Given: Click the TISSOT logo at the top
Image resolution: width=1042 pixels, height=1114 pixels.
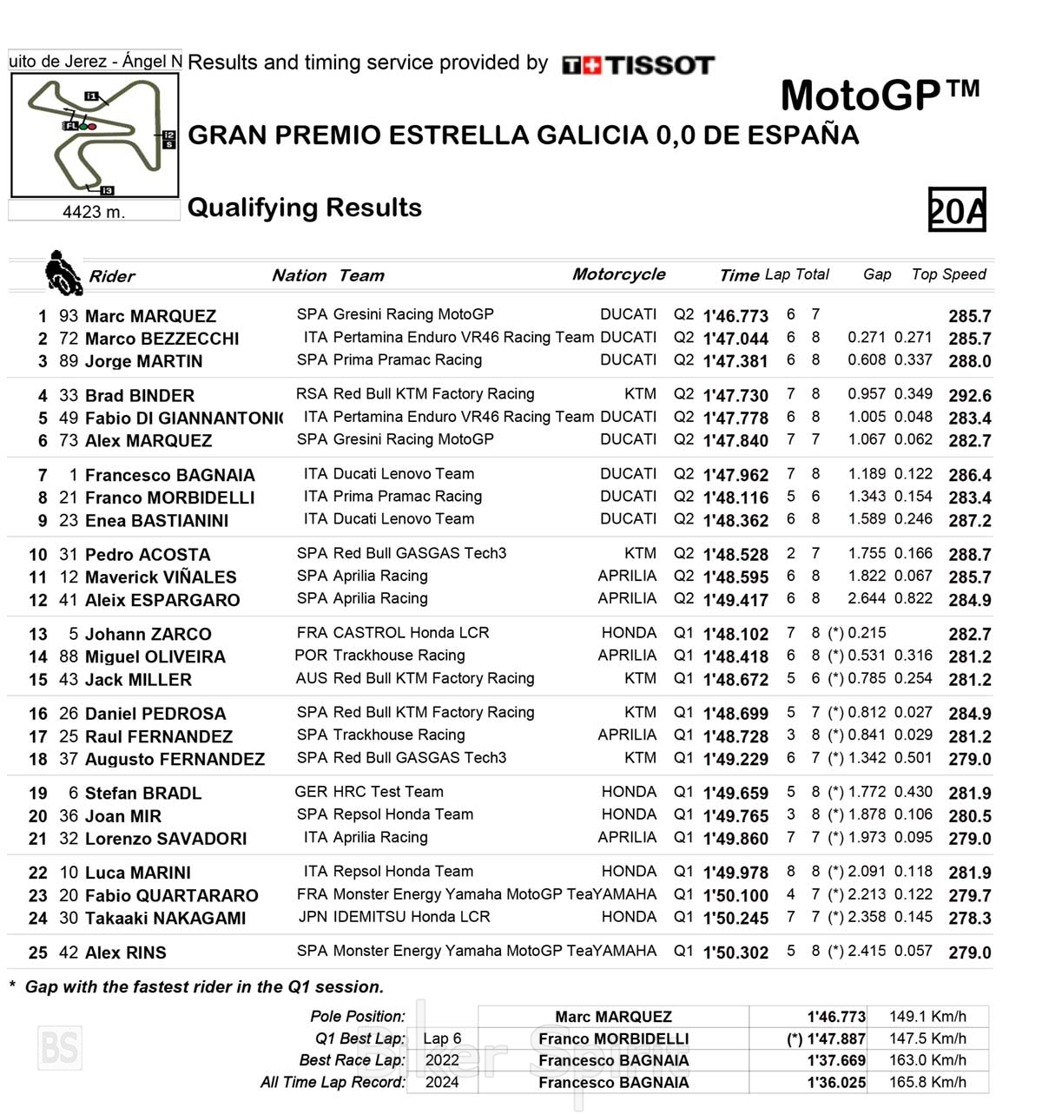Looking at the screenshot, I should point(638,65).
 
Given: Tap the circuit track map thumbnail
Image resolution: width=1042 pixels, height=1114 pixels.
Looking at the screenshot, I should point(95,135).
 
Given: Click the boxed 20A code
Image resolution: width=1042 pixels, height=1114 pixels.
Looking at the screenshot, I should point(957,210).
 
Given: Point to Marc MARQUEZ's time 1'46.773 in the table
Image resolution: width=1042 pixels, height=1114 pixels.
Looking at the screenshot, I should point(735,316).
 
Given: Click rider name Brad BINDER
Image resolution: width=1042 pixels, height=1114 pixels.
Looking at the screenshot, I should point(139,395).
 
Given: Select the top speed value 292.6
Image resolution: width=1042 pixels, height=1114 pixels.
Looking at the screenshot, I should point(969,396).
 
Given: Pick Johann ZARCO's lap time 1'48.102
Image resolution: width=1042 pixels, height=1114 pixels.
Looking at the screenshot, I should point(735,635).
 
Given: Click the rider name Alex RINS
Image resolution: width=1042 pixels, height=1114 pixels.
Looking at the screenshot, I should point(125,953).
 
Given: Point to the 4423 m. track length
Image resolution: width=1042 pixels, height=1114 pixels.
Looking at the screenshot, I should point(94,212).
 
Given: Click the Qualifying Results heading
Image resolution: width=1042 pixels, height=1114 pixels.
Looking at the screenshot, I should point(305,208).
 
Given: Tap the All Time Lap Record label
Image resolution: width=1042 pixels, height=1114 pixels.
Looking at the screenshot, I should point(333,1082).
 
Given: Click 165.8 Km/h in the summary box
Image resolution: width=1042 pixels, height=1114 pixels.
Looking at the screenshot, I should point(927,1082).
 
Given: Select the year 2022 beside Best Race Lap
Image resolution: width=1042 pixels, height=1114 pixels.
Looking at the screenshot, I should point(441,1060).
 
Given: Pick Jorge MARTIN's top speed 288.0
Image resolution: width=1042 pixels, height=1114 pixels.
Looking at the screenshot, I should point(969,361).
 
